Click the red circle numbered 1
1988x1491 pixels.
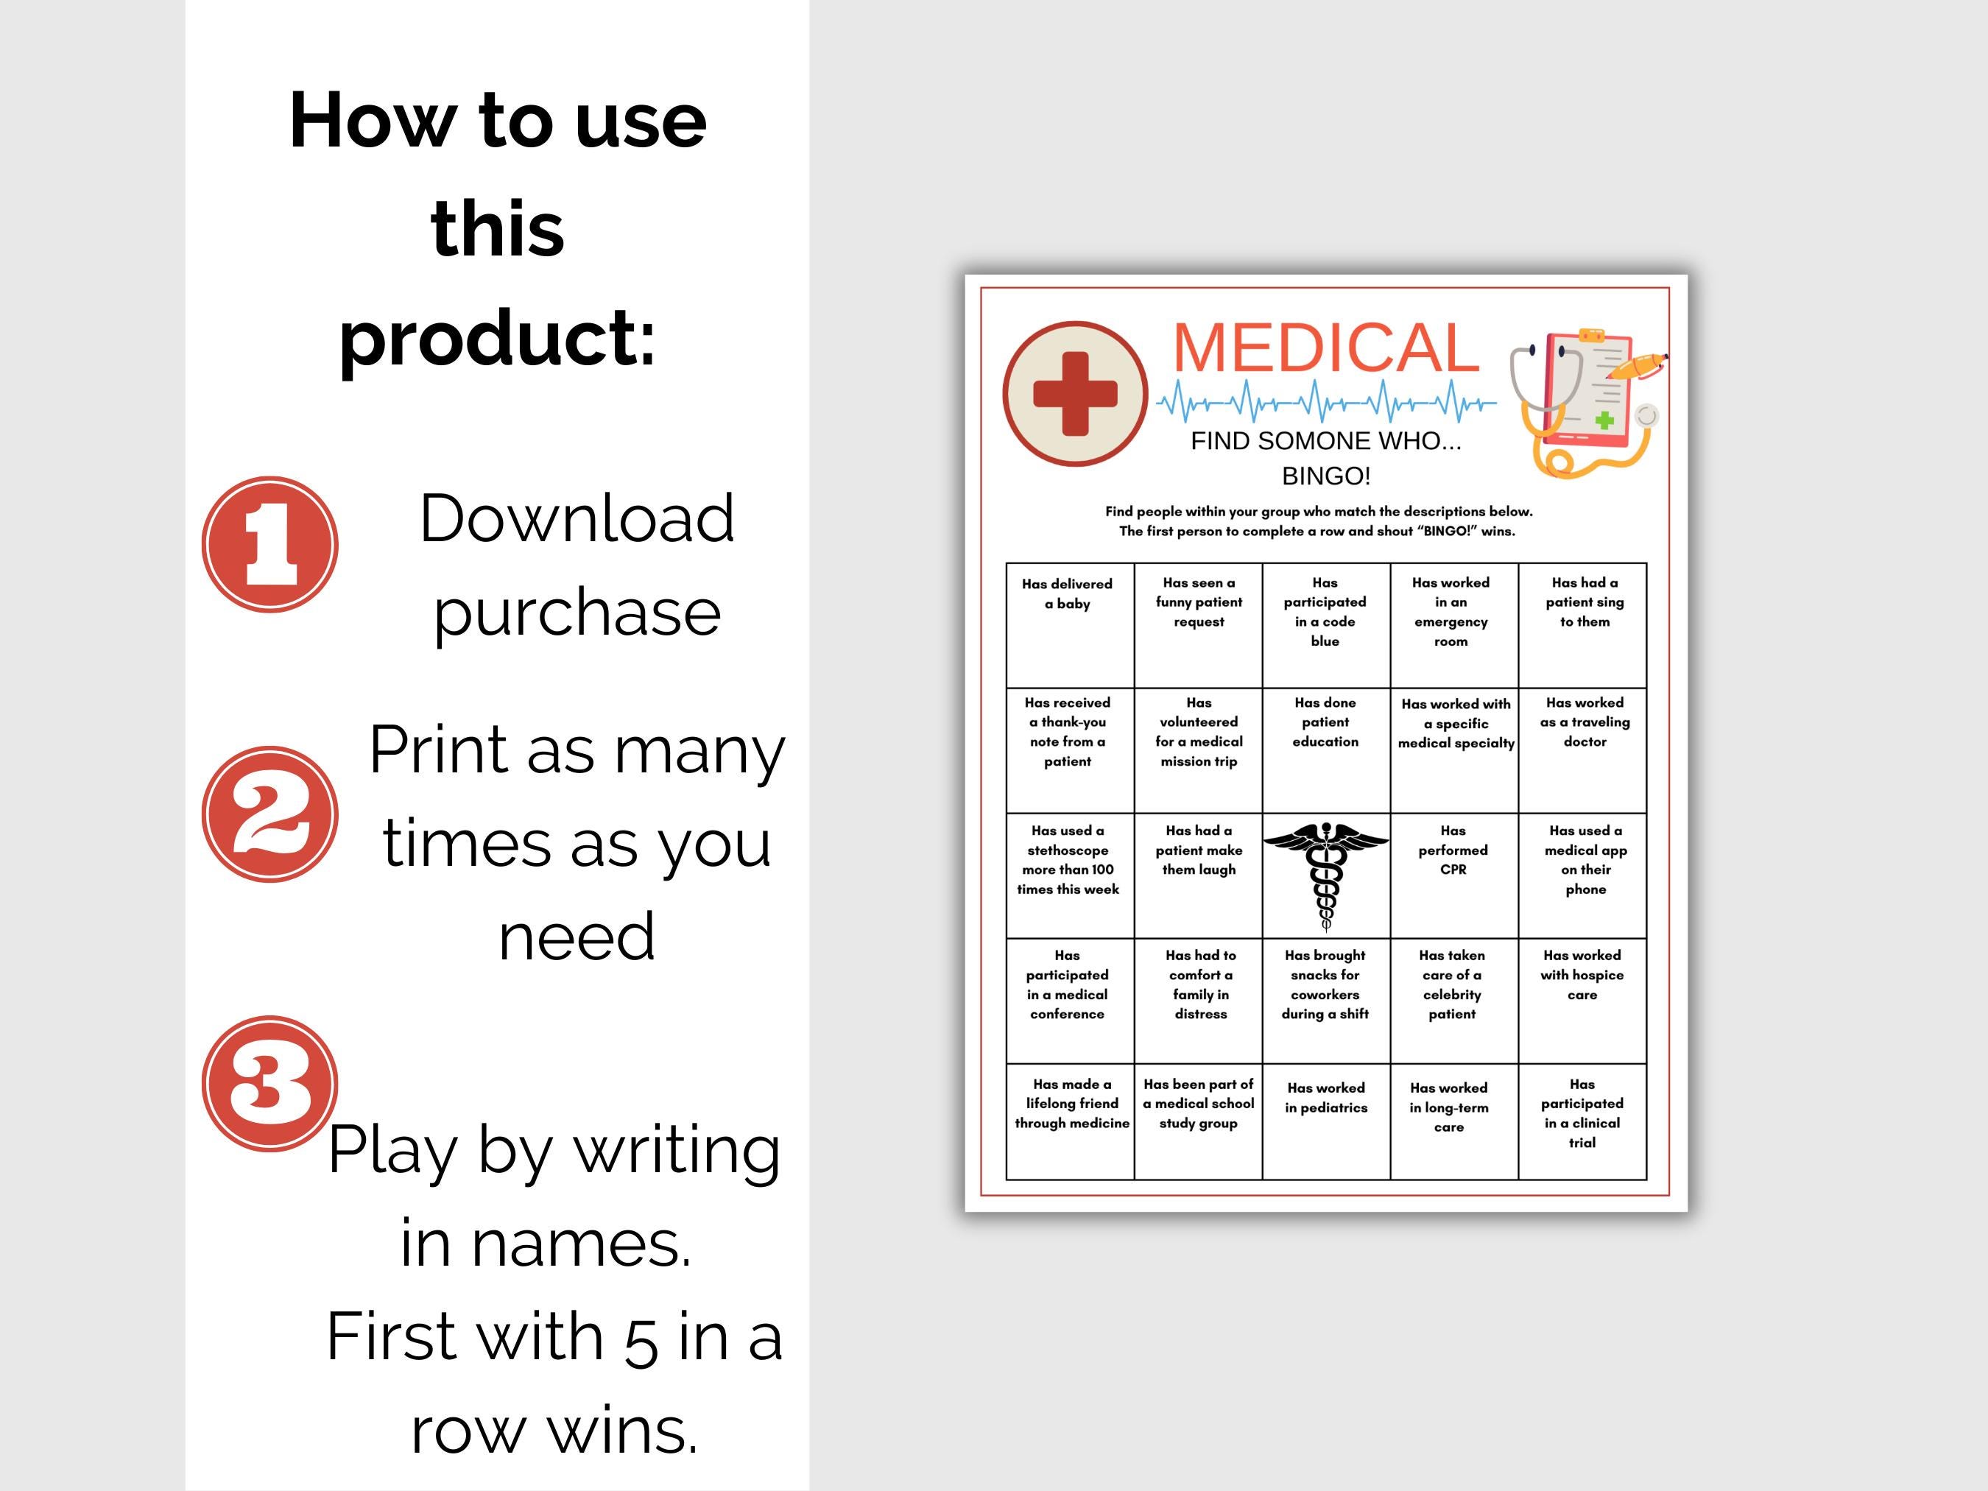click(269, 545)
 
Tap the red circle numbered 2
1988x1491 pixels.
click(269, 814)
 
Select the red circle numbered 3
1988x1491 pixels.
click(269, 1083)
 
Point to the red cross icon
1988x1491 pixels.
click(1075, 394)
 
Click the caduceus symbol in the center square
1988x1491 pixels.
click(1325, 875)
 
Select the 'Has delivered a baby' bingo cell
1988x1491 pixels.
click(1070, 624)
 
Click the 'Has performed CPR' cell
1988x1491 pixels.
click(1453, 875)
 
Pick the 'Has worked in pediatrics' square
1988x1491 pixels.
click(1325, 1121)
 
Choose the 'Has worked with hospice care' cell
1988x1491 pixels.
click(1582, 999)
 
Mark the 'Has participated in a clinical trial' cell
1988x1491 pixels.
click(1582, 1121)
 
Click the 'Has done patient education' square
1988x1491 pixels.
click(1325, 750)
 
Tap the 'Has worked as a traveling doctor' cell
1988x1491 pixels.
click(1582, 750)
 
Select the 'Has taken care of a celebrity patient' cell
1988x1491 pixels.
click(1453, 999)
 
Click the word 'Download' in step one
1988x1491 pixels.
click(577, 518)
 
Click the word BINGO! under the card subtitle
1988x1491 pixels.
click(1325, 476)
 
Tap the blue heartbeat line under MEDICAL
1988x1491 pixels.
click(1325, 402)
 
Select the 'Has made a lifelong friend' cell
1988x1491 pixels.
click(1070, 1121)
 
